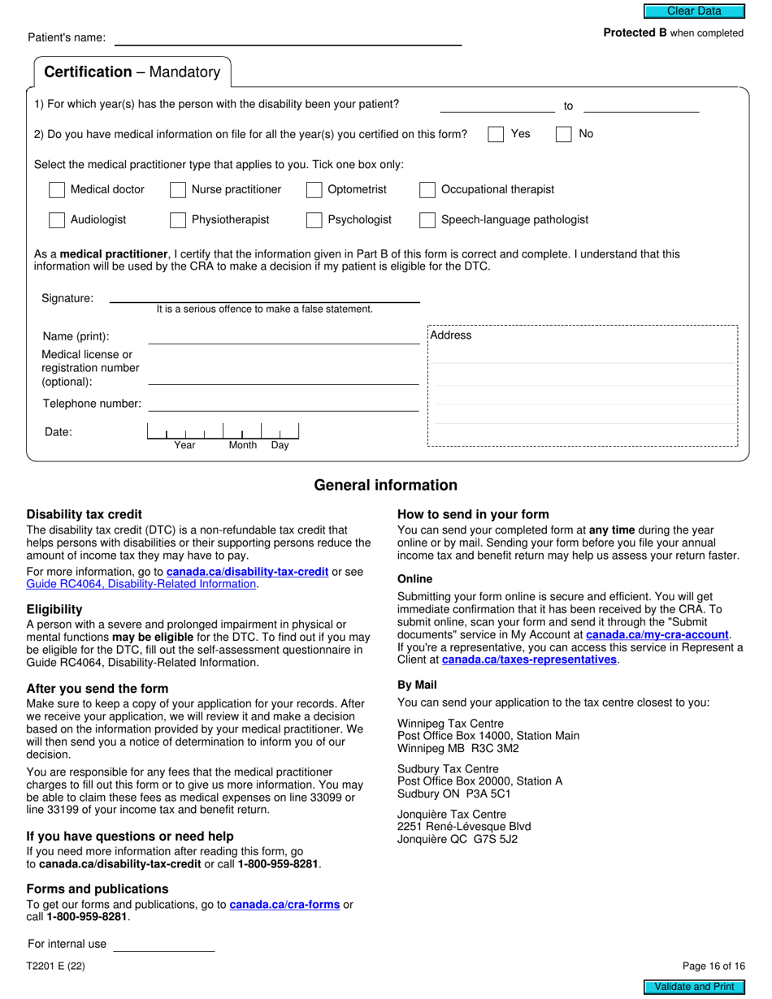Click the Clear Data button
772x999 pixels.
point(694,11)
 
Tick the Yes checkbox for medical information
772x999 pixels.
point(496,135)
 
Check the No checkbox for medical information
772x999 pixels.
point(563,135)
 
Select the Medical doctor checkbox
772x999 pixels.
point(57,190)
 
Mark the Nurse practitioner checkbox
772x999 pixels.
point(178,190)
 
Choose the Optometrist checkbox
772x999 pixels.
point(314,190)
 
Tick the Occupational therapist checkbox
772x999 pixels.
point(427,190)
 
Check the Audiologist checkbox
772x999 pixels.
point(57,220)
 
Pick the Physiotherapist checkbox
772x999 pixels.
point(178,220)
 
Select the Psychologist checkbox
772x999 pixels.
point(314,220)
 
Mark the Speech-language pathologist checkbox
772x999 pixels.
point(427,220)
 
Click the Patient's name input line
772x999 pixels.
point(288,38)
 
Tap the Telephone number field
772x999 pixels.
point(283,404)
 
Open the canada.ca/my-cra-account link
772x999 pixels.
point(657,634)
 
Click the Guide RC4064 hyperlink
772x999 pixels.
point(141,584)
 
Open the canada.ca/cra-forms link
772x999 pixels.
point(284,904)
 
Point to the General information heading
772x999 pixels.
point(385,486)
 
